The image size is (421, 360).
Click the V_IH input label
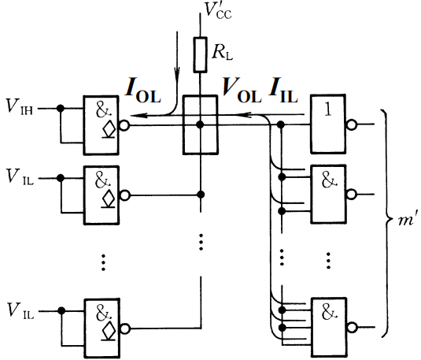tap(19, 106)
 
